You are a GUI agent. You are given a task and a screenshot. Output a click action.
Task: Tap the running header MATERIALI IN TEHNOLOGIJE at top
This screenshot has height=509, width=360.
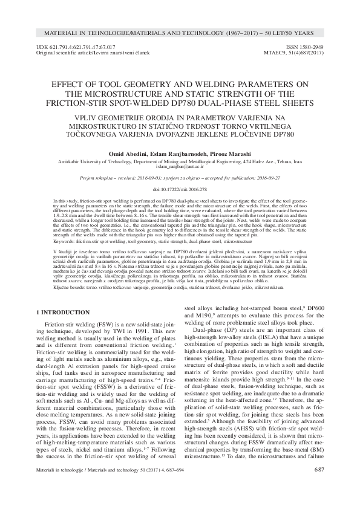96,30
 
